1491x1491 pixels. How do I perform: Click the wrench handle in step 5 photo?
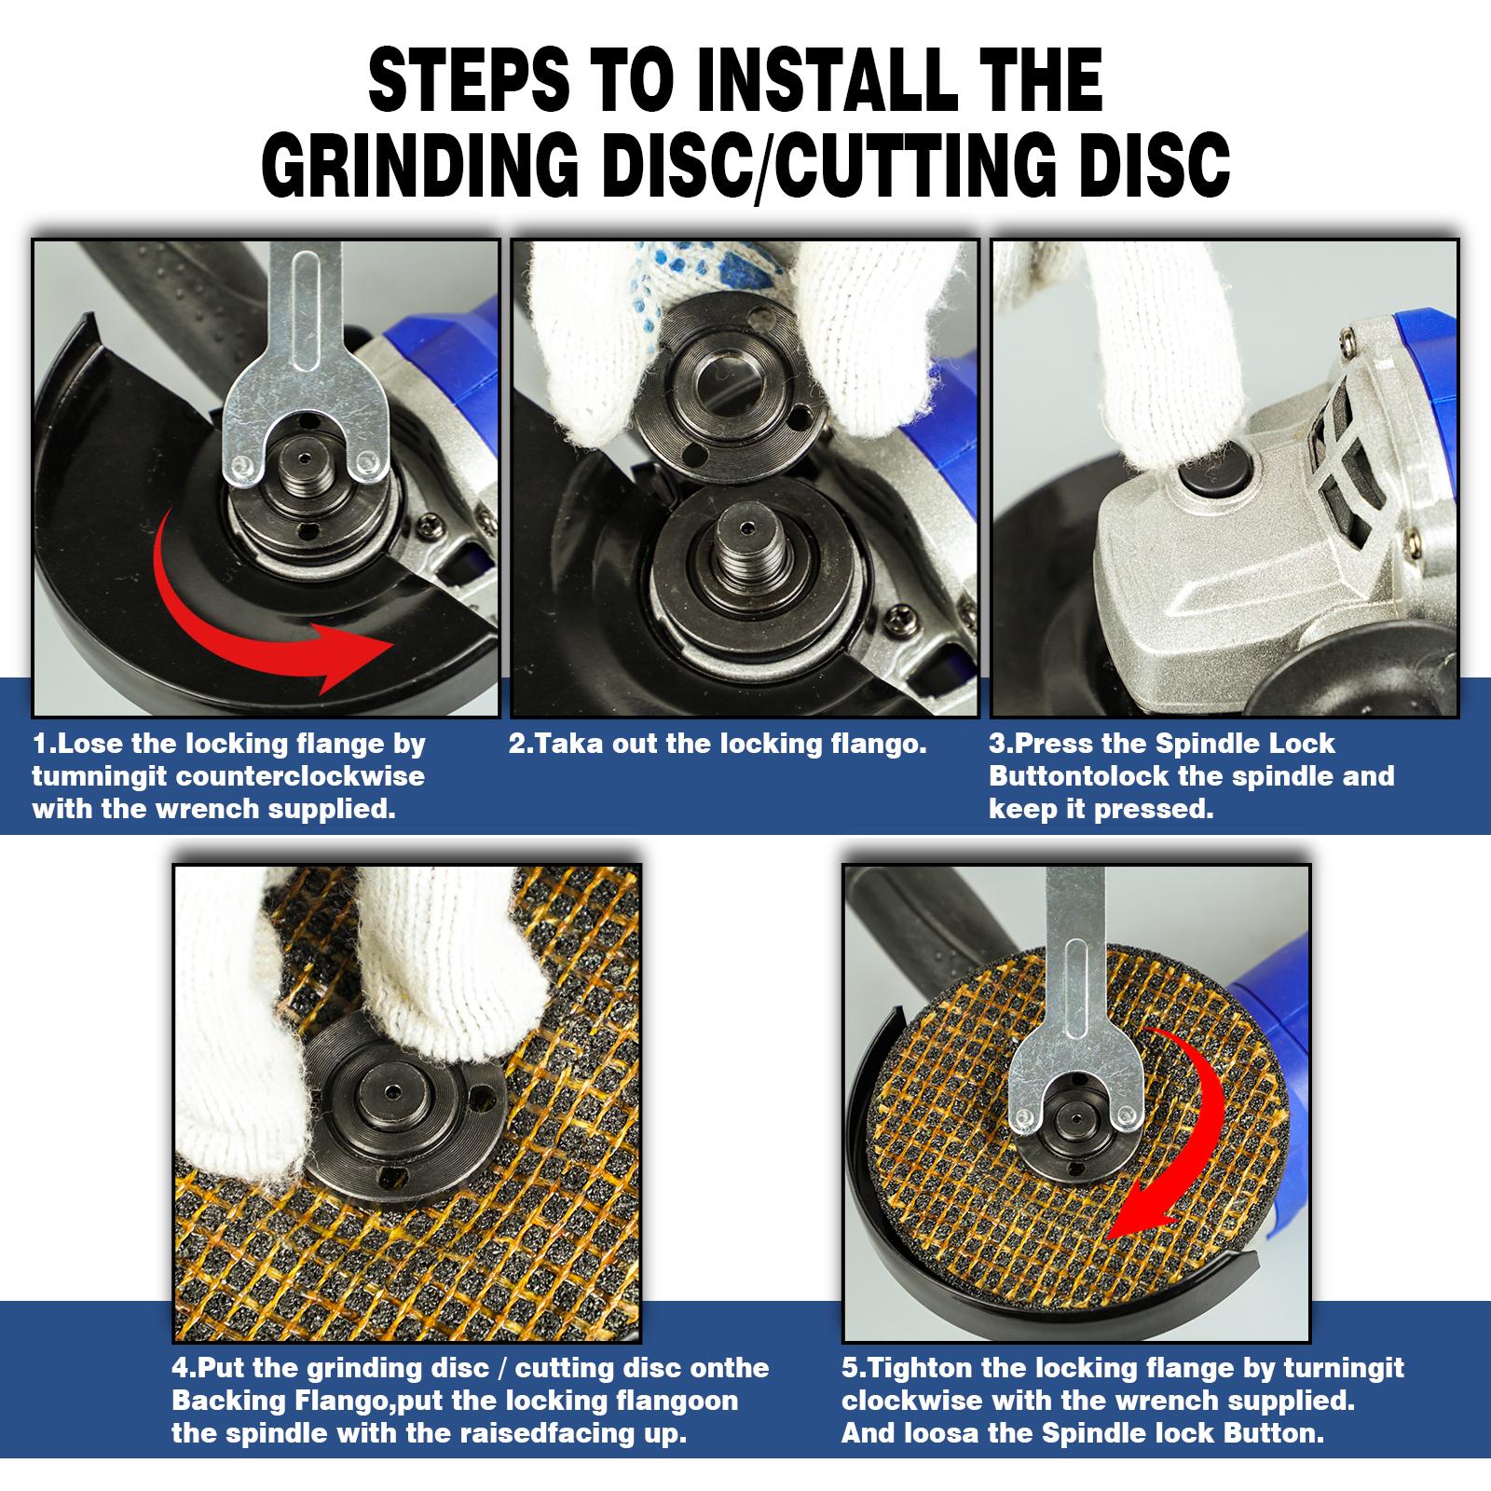1074,978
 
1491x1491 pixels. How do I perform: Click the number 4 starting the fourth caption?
180,1368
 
